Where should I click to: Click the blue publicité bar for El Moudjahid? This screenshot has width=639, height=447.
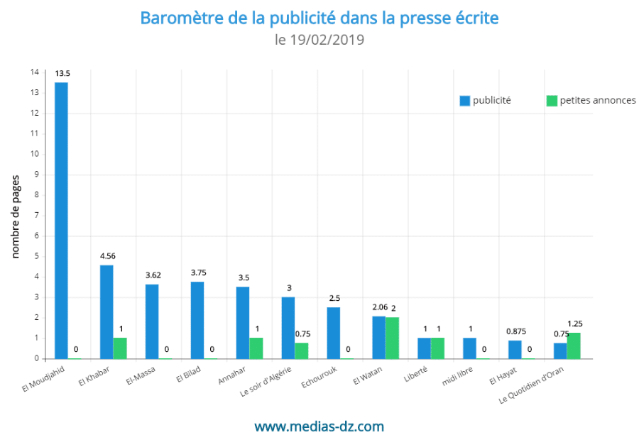62,220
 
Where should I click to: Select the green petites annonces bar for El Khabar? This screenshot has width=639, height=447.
120,348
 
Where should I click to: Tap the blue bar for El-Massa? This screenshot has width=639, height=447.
152,321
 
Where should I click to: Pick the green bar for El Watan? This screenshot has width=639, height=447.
392,338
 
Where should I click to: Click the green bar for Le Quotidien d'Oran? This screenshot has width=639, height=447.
574,346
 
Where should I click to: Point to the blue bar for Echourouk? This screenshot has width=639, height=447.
334,333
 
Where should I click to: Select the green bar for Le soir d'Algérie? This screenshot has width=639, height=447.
302,351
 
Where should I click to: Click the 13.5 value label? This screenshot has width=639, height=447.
62,73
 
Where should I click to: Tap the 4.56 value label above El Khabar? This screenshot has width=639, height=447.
107,255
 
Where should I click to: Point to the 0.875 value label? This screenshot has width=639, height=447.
515,331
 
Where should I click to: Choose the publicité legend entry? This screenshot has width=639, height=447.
486,101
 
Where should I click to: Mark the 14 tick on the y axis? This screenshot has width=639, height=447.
35,72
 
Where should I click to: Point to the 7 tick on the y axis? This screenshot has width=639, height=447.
35,215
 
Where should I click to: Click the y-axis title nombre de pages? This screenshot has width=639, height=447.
15,216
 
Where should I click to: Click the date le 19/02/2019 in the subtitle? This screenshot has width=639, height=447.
319,40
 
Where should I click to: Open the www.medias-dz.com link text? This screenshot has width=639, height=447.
319,426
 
